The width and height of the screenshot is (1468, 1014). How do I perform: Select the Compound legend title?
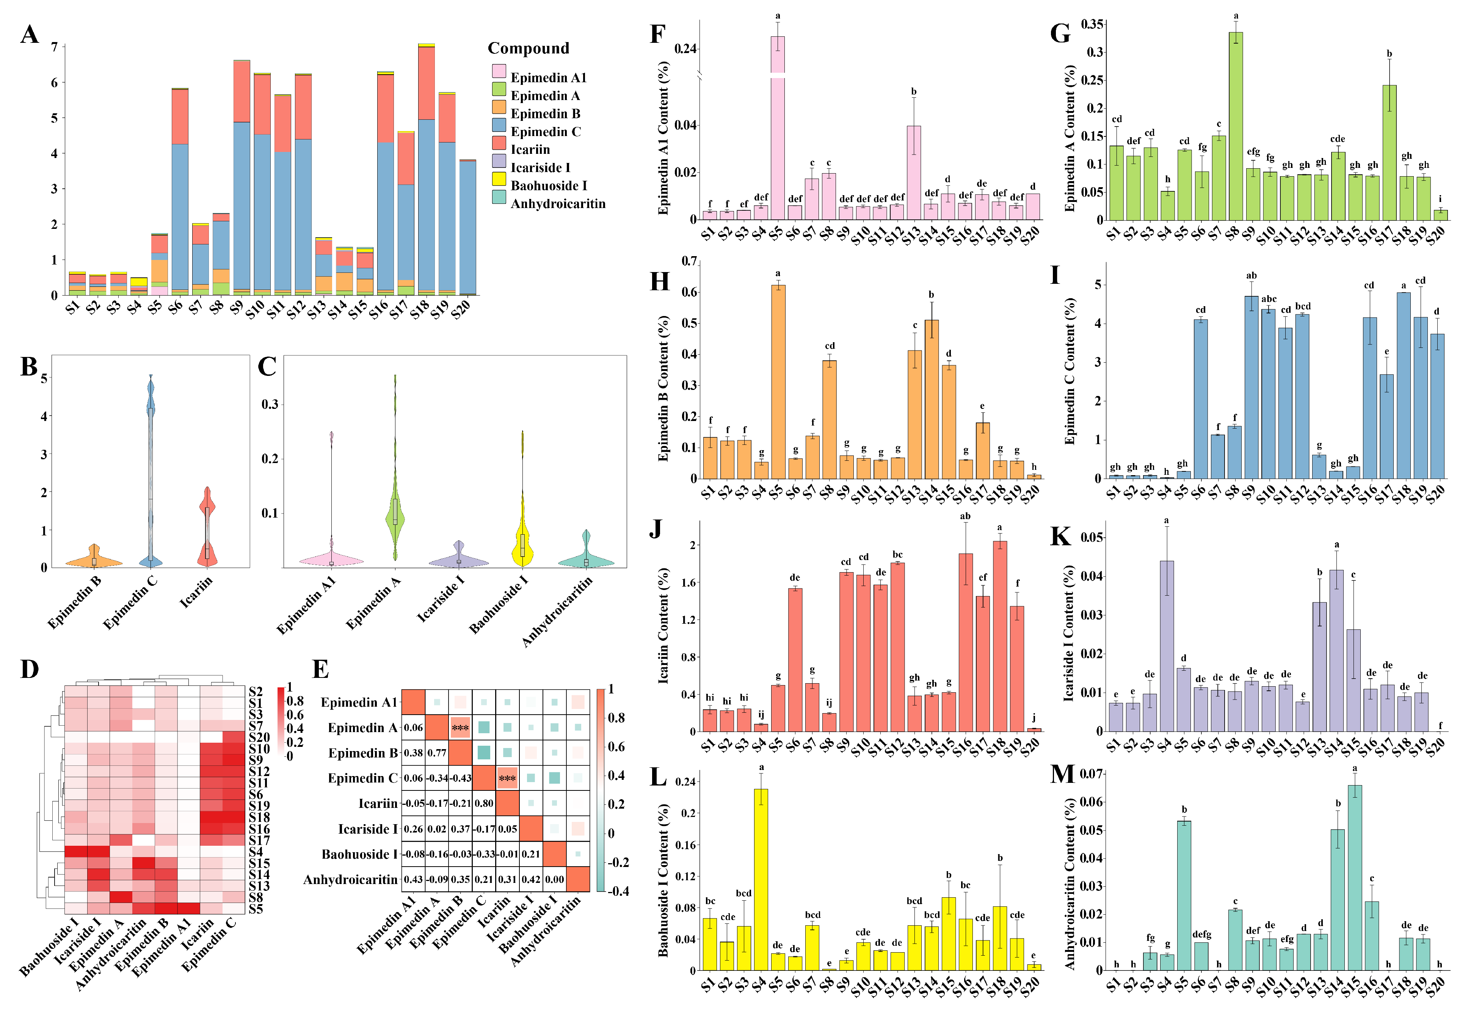coord(528,48)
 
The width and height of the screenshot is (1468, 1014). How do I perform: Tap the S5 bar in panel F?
coord(777,127)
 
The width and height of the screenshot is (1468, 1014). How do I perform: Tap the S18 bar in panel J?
coord(1000,636)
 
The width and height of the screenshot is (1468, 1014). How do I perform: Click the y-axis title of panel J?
coord(663,626)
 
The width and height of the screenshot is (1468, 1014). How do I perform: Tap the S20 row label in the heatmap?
coord(259,737)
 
